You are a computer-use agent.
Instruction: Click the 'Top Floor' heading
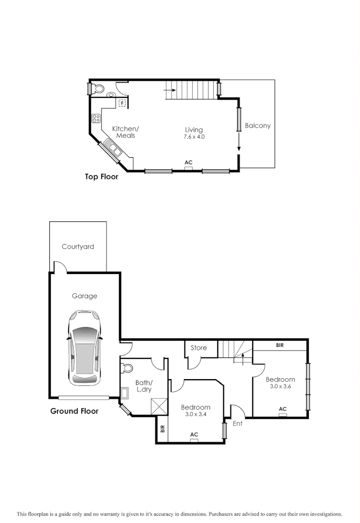point(102,177)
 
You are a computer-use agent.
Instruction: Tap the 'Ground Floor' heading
point(75,411)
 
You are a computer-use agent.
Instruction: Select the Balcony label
point(257,125)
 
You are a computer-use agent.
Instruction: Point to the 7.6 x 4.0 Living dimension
point(194,137)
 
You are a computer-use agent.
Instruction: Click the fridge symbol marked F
point(122,103)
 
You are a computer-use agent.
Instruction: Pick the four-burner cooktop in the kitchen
point(96,118)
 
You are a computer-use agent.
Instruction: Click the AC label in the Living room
point(188,163)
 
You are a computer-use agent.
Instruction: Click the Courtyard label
point(78,246)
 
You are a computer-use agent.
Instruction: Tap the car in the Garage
point(85,347)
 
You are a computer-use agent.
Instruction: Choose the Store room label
point(198,348)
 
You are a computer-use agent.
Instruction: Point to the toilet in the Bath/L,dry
point(127,368)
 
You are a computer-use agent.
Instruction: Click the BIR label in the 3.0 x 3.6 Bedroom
point(280,345)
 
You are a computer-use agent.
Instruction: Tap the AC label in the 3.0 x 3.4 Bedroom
point(194,435)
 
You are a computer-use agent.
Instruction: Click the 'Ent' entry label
point(238,423)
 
